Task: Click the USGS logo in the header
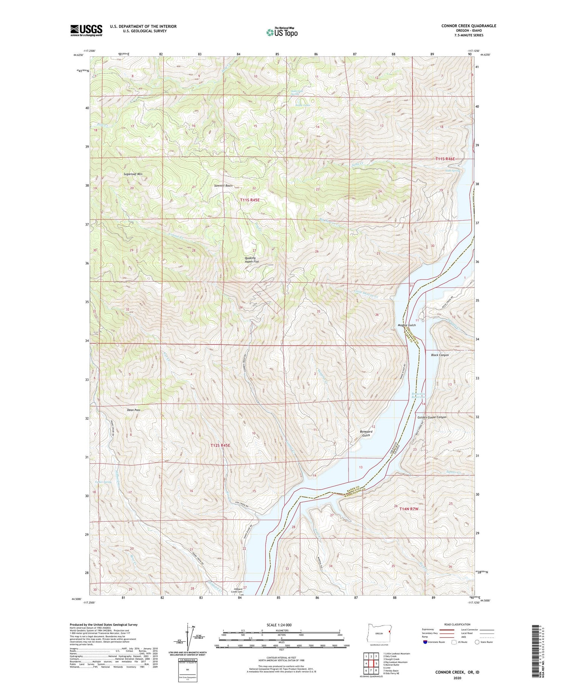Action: coord(86,30)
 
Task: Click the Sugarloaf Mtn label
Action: coord(133,174)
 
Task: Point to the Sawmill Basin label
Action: coord(223,186)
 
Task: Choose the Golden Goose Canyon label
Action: coord(432,417)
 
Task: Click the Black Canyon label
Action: coord(440,355)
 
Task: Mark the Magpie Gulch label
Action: coord(407,325)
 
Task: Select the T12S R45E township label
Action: coord(220,446)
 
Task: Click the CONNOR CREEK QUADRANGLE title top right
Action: coord(468,26)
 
